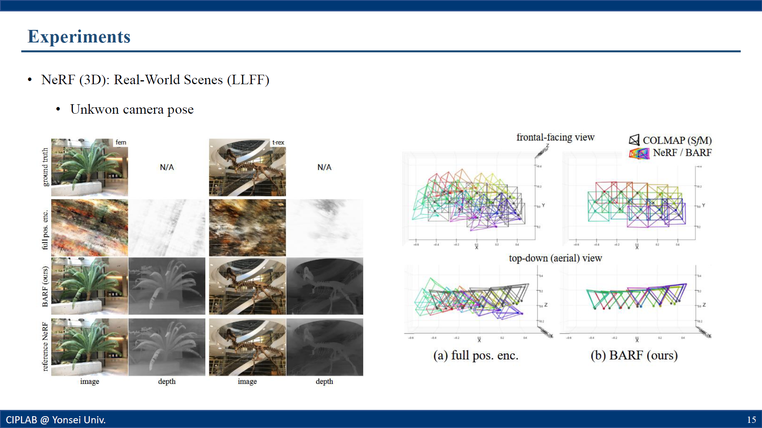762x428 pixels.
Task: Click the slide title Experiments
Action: coord(79,37)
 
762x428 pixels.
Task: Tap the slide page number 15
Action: coord(751,419)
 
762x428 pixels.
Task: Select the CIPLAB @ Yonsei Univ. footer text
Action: coord(56,420)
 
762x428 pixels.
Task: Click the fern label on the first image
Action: coord(121,142)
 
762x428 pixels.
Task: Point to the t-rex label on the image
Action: coord(278,142)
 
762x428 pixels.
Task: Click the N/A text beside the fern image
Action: coord(167,167)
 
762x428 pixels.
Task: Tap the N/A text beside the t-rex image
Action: coord(324,167)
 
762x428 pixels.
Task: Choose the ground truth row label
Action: coord(45,167)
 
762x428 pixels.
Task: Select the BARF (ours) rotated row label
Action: coord(45,286)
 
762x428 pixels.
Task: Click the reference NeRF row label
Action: coord(45,347)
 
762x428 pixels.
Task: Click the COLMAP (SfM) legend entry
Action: coord(677,140)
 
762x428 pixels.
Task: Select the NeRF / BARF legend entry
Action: coord(682,153)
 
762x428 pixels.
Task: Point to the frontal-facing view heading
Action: coord(555,137)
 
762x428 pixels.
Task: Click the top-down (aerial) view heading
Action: coord(555,258)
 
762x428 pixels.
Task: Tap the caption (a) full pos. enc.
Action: coord(476,355)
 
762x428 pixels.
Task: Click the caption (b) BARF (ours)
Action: coord(634,355)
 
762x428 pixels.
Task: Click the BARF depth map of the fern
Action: coord(167,286)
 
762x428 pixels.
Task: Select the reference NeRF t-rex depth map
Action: coord(325,347)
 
